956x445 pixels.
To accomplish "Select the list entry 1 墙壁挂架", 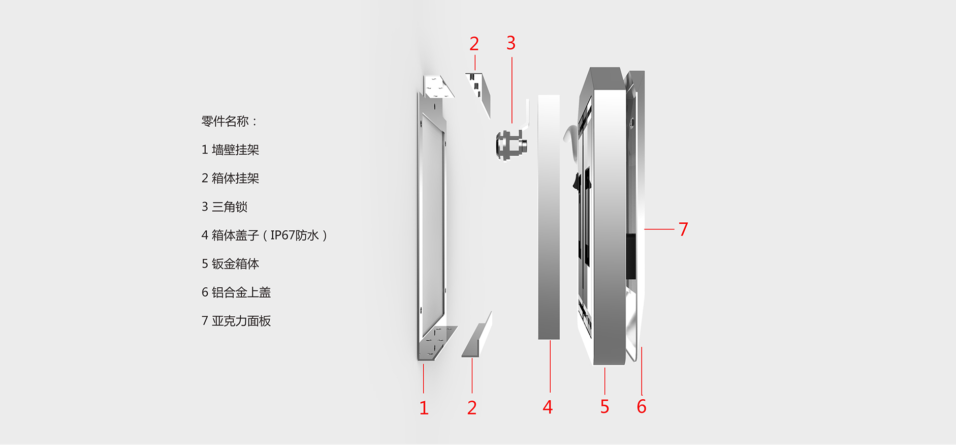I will coord(230,150).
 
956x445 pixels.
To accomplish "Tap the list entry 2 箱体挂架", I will coord(230,179).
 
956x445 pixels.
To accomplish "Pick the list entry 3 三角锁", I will coord(224,207).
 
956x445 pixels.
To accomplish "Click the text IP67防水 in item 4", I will coord(294,235).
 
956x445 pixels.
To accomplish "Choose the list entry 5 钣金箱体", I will coord(230,264).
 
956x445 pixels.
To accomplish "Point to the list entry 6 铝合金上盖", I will coord(236,292).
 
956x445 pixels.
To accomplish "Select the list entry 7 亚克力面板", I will coord(236,321).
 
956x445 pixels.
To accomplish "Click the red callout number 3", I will coord(511,43).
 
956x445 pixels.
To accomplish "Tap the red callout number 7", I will coord(683,229).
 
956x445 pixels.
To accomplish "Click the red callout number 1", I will coord(424,408).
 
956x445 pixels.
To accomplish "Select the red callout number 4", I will coord(547,407).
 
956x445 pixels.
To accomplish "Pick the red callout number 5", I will coord(604,407).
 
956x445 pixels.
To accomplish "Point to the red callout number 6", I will coord(642,407).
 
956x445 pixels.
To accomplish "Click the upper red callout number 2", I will coord(474,44).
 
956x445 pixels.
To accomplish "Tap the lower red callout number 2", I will coord(472,408).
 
